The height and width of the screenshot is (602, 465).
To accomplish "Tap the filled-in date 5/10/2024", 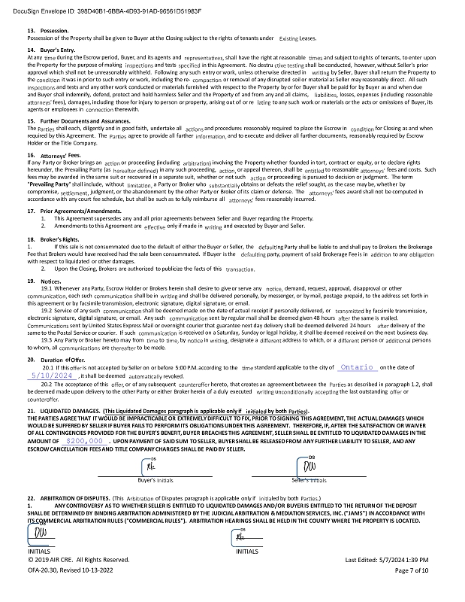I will pyautogui.click(x=51, y=375).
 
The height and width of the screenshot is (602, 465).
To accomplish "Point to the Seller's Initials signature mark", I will pyautogui.click(x=309, y=466).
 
